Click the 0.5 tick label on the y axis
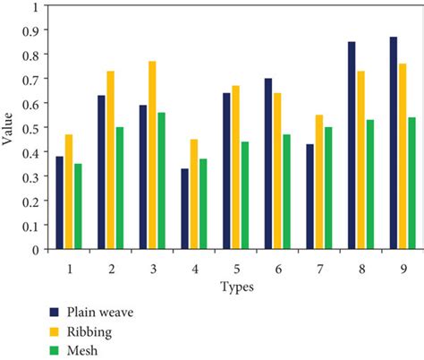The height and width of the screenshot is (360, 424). [x=32, y=127]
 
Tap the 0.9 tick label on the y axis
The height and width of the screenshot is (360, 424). [x=32, y=30]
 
